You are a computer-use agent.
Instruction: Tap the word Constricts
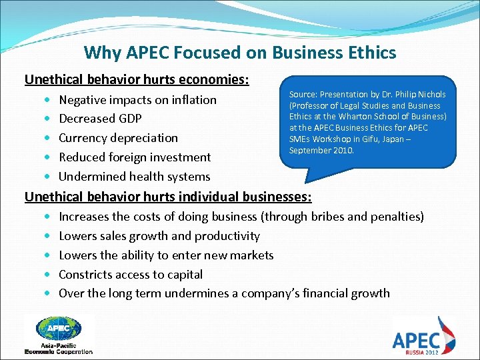pyautogui.click(x=87, y=275)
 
